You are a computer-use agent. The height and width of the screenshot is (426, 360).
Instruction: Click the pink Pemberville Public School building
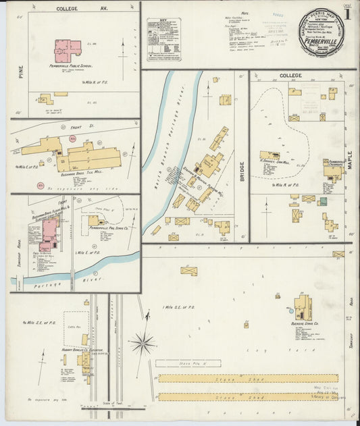[x=67, y=49]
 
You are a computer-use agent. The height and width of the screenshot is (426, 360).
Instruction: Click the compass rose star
[x=143, y=344]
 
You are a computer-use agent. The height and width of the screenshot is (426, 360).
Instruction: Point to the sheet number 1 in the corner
[x=346, y=14]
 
